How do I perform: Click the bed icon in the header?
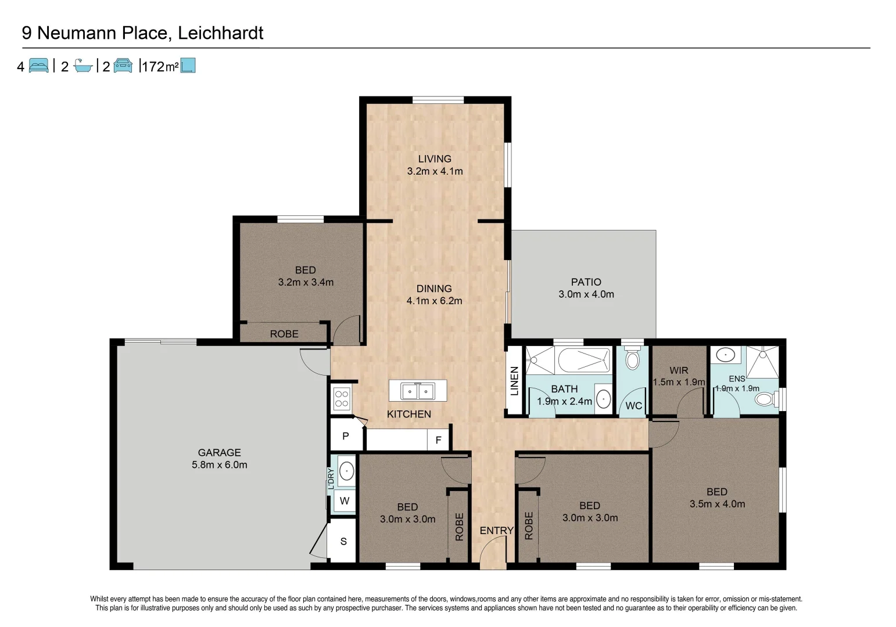38,66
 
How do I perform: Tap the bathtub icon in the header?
83,66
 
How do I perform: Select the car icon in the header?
123,66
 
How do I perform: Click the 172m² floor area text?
160,67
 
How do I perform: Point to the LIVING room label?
434,158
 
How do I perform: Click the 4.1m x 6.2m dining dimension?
434,301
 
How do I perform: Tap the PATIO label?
586,282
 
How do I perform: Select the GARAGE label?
219,452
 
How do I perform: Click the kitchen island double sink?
418,391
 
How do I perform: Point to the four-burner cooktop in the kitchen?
342,399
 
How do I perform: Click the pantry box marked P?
346,436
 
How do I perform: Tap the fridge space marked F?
438,440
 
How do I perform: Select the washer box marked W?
345,500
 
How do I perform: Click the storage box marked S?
343,542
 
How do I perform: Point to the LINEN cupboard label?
514,381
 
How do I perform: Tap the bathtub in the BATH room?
583,360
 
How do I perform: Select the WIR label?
678,370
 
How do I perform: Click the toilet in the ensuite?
766,399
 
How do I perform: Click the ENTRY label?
496,531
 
